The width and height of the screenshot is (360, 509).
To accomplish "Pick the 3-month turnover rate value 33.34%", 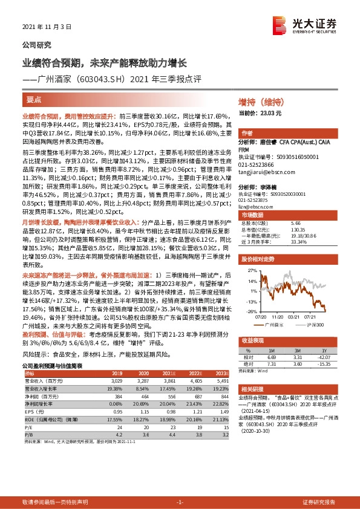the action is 299,240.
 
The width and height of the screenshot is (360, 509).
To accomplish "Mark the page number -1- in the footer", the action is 179,502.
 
